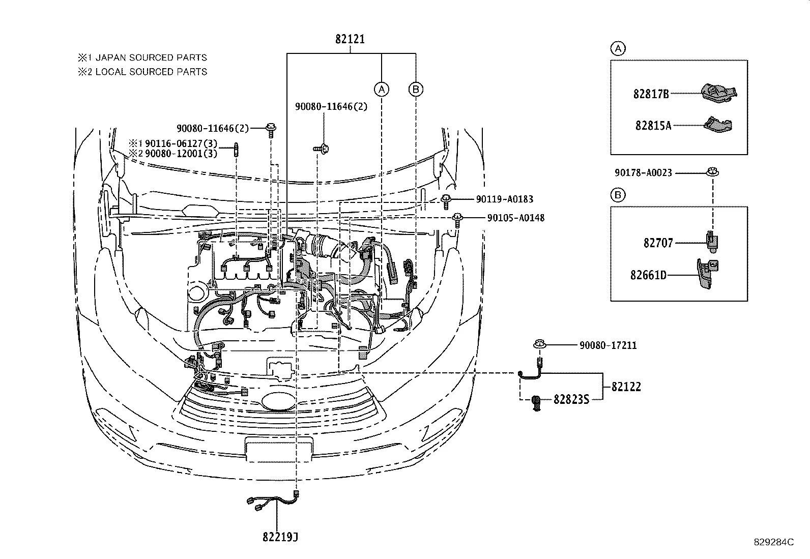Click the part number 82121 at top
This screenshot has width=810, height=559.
pos(350,39)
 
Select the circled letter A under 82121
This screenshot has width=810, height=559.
pos(382,90)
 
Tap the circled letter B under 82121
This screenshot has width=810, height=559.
pos(416,90)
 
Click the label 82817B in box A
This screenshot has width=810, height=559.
pos(651,94)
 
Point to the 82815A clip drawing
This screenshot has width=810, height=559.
pos(718,125)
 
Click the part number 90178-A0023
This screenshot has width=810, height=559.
pos(643,173)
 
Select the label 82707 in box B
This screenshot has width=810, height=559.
pos(658,243)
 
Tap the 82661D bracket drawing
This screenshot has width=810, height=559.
pos(707,275)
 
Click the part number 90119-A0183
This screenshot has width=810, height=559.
pos(505,199)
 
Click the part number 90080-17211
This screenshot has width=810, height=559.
pos(608,345)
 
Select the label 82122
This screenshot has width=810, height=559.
pos(626,387)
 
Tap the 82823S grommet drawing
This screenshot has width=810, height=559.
pos(536,403)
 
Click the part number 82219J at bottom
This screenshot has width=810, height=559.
pos(280,537)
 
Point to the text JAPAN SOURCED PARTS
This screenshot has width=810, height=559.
pos(151,57)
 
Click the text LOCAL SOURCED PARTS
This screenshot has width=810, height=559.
pos(151,72)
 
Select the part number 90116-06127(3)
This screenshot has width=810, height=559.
pos(181,144)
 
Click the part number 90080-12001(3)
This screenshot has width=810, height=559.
pos(181,154)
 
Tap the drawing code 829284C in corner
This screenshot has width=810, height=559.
pos(773,542)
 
